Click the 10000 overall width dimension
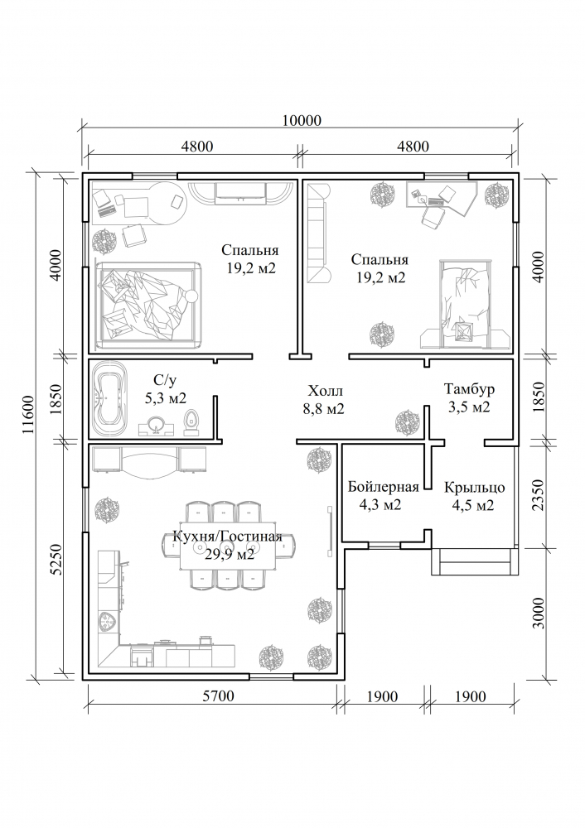pos(302,120)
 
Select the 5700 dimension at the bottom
pos(218,696)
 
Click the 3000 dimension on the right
pos(538,613)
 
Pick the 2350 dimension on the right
pos(538,495)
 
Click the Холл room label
pos(325,391)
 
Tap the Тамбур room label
pos(469,389)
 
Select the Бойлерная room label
pos(383,486)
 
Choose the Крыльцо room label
pos(474,487)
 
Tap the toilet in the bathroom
pos(192,421)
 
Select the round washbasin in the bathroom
pos(156,424)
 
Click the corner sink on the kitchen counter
pos(109,622)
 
